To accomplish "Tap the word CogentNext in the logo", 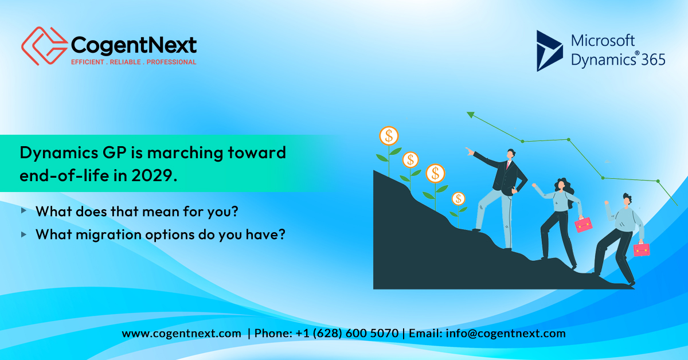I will (133, 44).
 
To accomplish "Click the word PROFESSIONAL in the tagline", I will (171, 62).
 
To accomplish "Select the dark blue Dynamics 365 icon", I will (549, 50).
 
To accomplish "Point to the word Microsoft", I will (603, 41).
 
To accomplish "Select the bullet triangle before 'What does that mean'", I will (24, 210).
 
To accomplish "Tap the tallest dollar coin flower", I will (389, 136).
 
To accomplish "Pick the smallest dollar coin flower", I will (458, 199).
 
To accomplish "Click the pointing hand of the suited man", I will (470, 152).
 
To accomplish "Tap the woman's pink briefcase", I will (584, 224).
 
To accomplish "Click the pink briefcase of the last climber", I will (642, 249).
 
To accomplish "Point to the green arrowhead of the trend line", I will (471, 115).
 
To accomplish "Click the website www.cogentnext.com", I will (181, 334).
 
